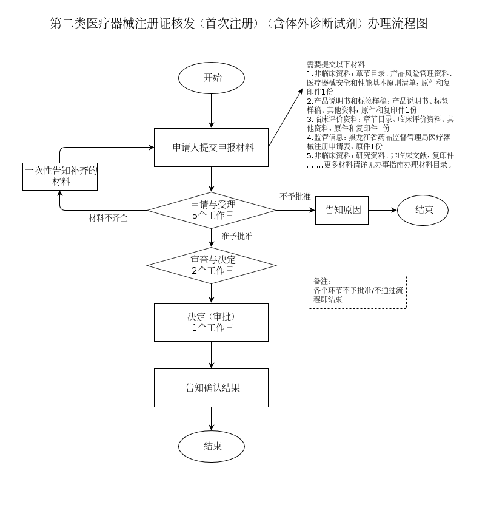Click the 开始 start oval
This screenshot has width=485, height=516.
(211, 78)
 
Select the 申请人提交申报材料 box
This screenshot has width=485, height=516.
(211, 147)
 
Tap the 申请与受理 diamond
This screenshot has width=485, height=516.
(211, 210)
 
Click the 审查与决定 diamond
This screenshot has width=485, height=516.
(211, 265)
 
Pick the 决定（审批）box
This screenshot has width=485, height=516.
(211, 322)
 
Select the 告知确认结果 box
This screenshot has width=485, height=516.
(211, 388)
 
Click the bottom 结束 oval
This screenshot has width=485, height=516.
(211, 446)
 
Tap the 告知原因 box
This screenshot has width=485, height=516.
(342, 210)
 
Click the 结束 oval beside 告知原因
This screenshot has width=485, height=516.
(423, 210)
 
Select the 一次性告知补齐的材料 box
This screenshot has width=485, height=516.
(60, 176)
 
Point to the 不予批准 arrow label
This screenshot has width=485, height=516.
(295, 197)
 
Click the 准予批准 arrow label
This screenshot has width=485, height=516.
(237, 236)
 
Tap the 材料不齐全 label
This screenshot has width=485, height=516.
(109, 218)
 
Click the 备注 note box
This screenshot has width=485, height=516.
(357, 292)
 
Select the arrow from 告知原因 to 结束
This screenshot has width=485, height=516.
(383, 210)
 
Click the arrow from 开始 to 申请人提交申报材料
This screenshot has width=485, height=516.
(211, 111)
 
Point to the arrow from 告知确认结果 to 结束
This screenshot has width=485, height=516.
(211, 419)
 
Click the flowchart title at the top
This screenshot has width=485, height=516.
(239, 24)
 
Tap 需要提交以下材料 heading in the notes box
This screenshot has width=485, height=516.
(336, 64)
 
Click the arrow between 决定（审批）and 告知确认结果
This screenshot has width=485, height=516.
(211, 355)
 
